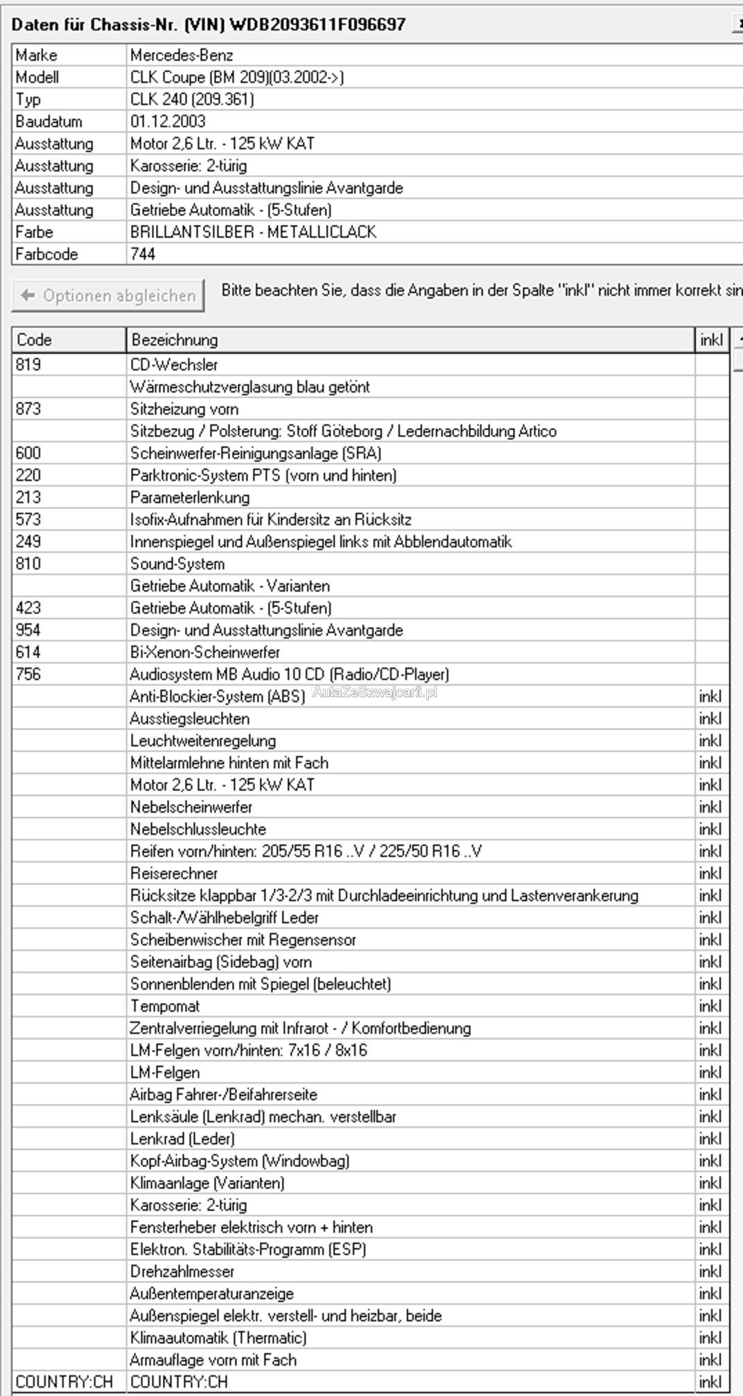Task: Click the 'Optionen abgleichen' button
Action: pos(108,296)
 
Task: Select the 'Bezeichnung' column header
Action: pos(174,340)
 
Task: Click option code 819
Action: pos(28,364)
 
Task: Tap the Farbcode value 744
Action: pos(143,254)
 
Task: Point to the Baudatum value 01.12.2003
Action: pos(168,121)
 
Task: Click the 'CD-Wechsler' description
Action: pos(174,364)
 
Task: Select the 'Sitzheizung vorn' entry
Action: pos(184,409)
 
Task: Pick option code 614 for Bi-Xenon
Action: pos(28,652)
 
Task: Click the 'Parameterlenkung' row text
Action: pos(190,497)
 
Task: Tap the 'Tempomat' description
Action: pos(165,1006)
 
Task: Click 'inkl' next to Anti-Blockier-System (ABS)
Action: pos(710,696)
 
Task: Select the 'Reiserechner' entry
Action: pos(174,873)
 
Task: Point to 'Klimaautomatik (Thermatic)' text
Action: pos(218,1338)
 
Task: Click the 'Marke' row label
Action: pos(37,55)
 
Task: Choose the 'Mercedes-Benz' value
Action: pos(182,55)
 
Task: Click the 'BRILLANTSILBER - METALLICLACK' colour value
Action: pos(253,232)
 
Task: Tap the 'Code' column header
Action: pos(35,340)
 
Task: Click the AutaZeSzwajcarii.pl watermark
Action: pos(375,692)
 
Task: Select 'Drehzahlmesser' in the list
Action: pos(182,1271)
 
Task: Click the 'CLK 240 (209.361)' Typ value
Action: pos(192,99)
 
